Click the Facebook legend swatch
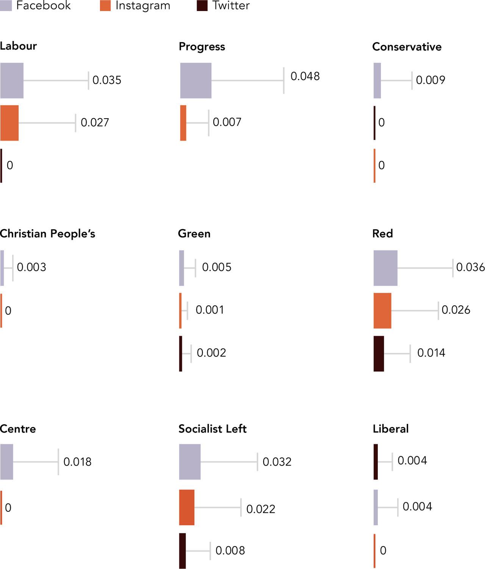coord(6,5)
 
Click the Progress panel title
coord(202,47)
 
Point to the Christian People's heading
coord(47,234)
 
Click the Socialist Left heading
coord(212,429)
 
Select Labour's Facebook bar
coord(12,81)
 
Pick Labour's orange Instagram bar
coord(9,123)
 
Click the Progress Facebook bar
coord(196,81)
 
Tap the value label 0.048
coord(305,76)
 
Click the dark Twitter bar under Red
coord(379,353)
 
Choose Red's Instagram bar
coord(382,311)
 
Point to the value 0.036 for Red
coord(470,267)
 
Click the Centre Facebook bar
coord(7,462)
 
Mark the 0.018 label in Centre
coord(77,462)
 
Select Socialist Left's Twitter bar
coord(182,551)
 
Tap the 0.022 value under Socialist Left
coord(261,509)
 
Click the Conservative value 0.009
coord(430,80)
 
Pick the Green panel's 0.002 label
coord(211,353)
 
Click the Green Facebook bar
coord(181,268)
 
